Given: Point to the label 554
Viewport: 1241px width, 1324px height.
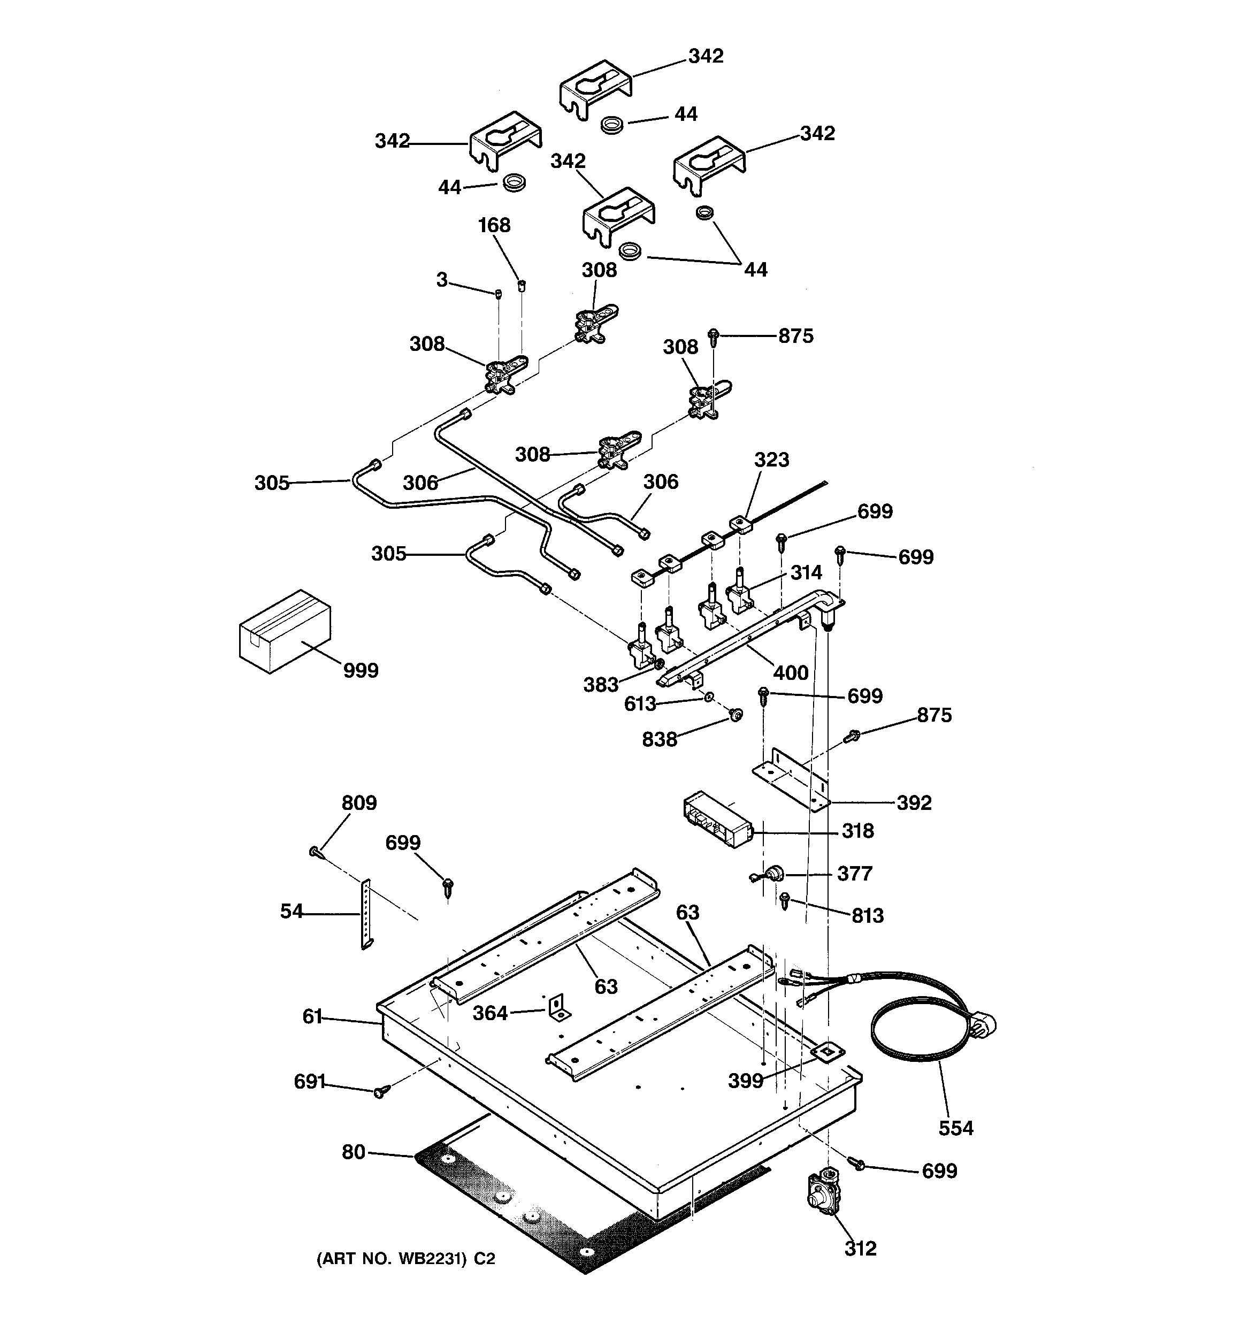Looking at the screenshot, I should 956,1128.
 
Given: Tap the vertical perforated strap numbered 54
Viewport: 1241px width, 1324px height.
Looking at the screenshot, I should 366,913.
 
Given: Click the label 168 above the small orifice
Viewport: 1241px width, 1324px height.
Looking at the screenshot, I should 494,225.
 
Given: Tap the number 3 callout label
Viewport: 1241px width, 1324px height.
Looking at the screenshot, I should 442,280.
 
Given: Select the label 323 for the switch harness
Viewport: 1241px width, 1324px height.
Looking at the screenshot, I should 771,460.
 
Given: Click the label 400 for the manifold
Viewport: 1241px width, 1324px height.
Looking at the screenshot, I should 791,672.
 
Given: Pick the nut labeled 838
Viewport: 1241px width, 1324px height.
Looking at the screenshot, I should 736,715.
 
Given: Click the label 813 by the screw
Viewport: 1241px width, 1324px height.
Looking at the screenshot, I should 867,915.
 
